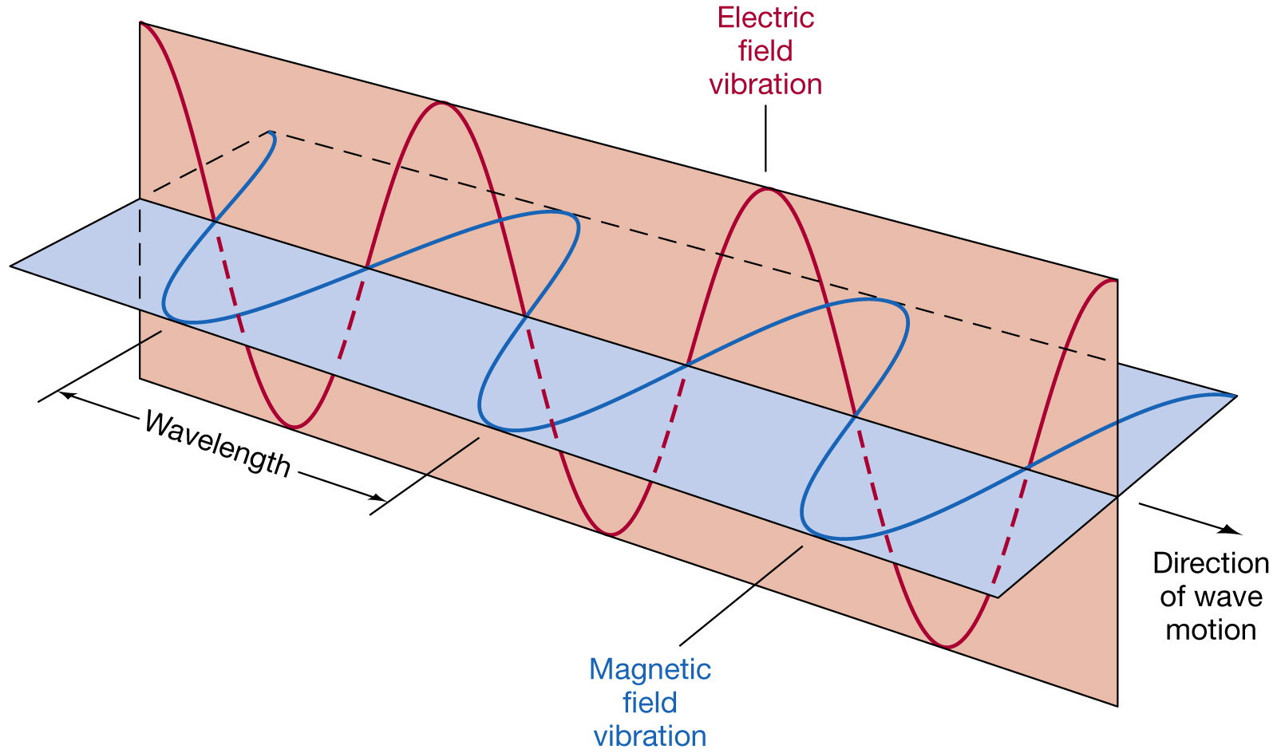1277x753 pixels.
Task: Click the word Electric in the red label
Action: pyautogui.click(x=765, y=18)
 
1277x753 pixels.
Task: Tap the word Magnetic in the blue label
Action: pyautogui.click(x=650, y=669)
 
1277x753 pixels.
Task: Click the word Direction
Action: pyautogui.click(x=1210, y=563)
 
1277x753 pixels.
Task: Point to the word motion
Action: pyautogui.click(x=1210, y=630)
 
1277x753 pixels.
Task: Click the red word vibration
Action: pyautogui.click(x=765, y=85)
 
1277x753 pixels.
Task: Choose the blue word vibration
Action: pyautogui.click(x=650, y=735)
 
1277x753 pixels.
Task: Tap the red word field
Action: pyautogui.click(x=765, y=51)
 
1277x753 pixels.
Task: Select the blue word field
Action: pyautogui.click(x=650, y=703)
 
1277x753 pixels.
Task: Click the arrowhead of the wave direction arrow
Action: pyautogui.click(x=1234, y=530)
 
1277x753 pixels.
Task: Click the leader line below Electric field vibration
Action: pyautogui.click(x=765, y=139)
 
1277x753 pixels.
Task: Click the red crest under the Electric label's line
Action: pyautogui.click(x=767, y=190)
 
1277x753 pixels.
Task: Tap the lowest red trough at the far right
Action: pyautogui.click(x=946, y=645)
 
